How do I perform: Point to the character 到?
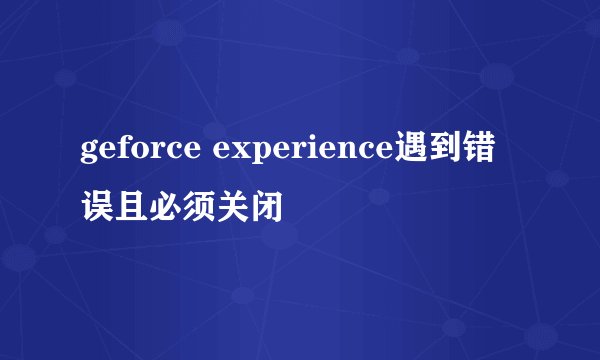449,151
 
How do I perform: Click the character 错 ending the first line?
489,151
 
